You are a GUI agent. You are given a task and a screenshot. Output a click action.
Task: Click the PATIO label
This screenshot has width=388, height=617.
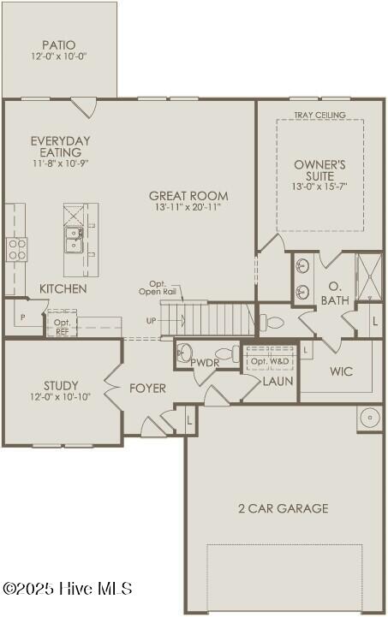pyautogui.click(x=59, y=45)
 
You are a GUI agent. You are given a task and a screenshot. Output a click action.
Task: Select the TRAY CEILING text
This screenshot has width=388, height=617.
pyautogui.click(x=319, y=115)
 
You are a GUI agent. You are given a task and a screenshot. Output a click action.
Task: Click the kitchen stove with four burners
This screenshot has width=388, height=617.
pyautogui.click(x=16, y=250)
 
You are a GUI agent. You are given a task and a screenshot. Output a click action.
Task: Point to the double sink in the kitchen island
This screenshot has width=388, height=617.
pyautogui.click(x=74, y=240)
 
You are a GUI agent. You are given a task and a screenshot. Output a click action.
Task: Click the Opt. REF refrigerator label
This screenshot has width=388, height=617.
pyautogui.click(x=63, y=327)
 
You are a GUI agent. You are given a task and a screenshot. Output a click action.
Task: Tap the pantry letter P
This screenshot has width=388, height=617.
pyautogui.click(x=23, y=317)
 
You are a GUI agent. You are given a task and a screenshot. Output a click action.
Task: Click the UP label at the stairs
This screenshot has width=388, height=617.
pyautogui.click(x=152, y=321)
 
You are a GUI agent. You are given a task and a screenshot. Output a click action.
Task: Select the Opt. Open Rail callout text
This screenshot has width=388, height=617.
pyautogui.click(x=155, y=288)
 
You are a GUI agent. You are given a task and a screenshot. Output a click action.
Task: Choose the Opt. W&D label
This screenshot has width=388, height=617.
pyautogui.click(x=270, y=361)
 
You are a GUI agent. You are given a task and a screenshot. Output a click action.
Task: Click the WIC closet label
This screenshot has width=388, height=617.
pyautogui.click(x=341, y=371)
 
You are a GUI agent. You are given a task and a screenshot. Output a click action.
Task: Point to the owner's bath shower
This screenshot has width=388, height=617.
pyautogui.click(x=369, y=277)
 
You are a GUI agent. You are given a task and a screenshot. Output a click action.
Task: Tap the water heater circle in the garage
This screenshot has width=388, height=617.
pyautogui.click(x=370, y=417)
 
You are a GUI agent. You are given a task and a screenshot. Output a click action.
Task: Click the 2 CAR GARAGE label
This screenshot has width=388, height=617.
pyautogui.click(x=283, y=508)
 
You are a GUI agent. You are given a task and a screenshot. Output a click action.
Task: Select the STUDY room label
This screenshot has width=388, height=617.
pyautogui.click(x=61, y=386)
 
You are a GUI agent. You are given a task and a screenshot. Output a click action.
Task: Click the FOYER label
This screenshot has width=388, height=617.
pyautogui.click(x=147, y=389)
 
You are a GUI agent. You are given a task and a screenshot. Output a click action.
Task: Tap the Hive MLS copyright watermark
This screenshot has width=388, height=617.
pyautogui.click(x=67, y=589)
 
